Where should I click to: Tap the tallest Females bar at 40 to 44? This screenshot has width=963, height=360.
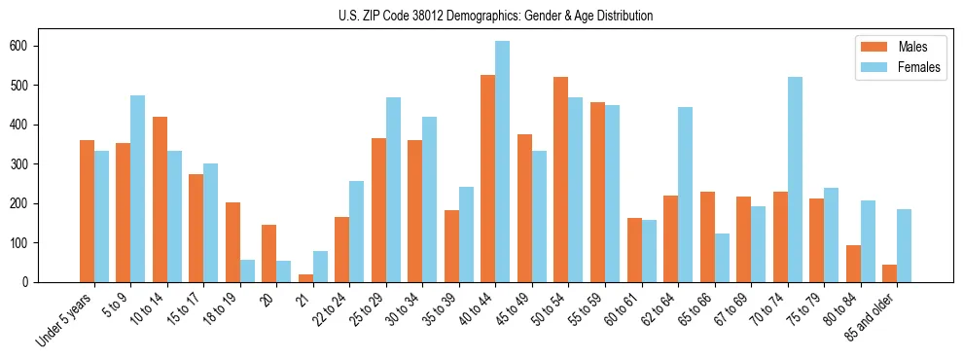[x=502, y=162]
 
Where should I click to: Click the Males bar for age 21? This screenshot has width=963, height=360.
[x=305, y=278]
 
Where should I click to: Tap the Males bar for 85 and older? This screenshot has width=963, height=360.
[x=890, y=273]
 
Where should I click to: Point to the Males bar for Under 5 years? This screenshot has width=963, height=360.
[x=87, y=211]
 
